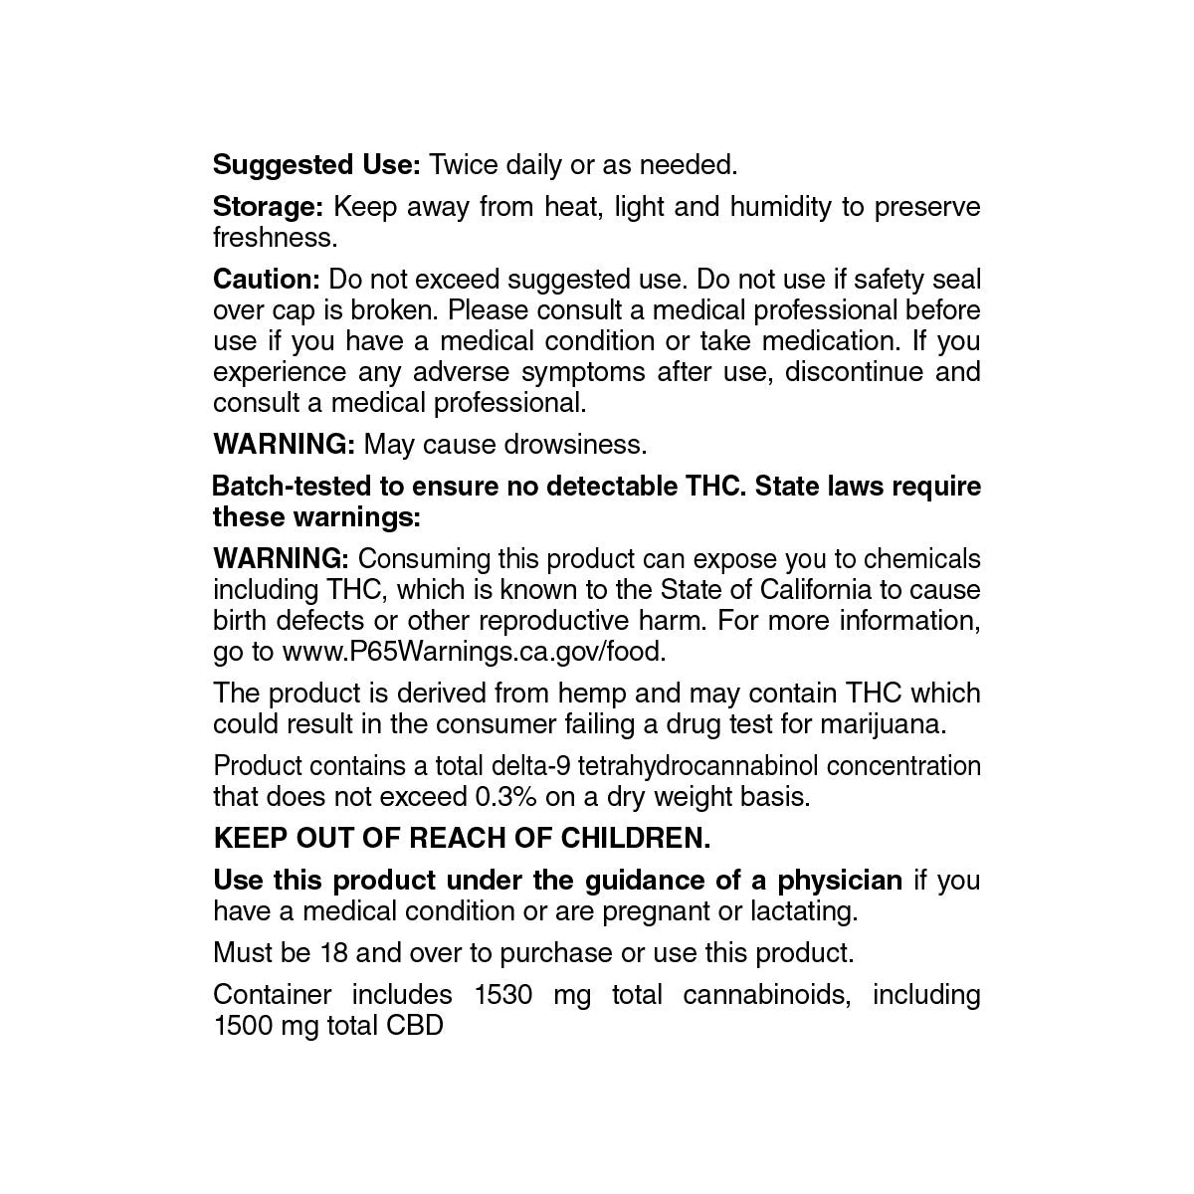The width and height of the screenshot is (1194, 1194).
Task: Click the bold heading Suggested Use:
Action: click(x=317, y=164)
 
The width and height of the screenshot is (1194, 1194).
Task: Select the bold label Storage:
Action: click(x=268, y=206)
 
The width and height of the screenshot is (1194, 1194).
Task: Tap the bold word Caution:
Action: click(x=266, y=280)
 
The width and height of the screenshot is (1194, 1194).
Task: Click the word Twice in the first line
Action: click(x=464, y=164)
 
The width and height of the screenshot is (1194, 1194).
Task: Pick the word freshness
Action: click(x=275, y=238)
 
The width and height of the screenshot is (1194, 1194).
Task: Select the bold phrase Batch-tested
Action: click(x=293, y=487)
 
